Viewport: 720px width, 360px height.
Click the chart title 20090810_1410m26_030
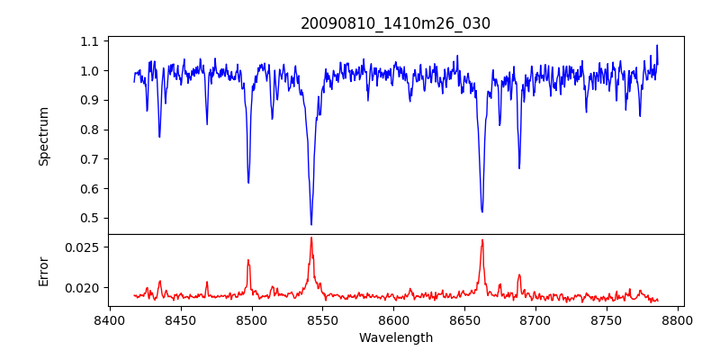click(x=395, y=24)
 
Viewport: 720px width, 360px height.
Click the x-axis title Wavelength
click(x=395, y=338)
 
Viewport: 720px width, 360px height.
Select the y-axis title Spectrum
click(x=43, y=136)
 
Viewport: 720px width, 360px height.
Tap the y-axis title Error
click(x=43, y=270)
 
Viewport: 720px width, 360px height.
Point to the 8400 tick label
click(x=109, y=319)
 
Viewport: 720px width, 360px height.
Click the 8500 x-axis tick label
click(x=251, y=319)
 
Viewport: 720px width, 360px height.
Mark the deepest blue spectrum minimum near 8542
click(x=311, y=224)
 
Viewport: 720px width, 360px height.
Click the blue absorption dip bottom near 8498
click(x=248, y=183)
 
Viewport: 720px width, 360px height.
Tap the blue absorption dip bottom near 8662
click(x=482, y=211)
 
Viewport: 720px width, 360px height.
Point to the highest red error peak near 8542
click(x=311, y=238)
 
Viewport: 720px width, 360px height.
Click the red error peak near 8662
click(x=482, y=239)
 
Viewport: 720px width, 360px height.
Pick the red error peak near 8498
click(x=248, y=260)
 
